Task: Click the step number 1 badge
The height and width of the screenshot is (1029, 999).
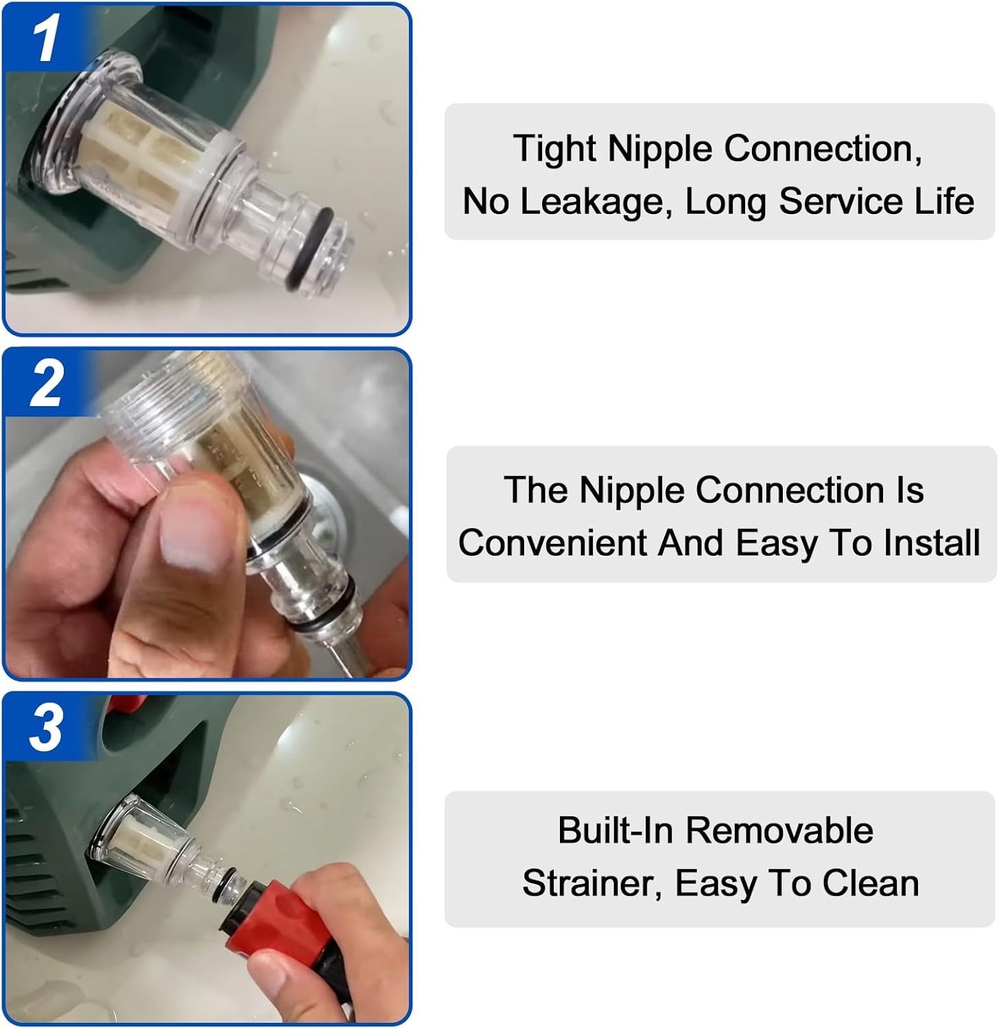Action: pyautogui.click(x=45, y=38)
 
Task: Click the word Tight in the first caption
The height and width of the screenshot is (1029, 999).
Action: pyautogui.click(x=555, y=150)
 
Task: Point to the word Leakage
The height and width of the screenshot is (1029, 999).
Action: pyautogui.click(x=591, y=202)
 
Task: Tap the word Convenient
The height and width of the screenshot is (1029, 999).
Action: pyautogui.click(x=552, y=543)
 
